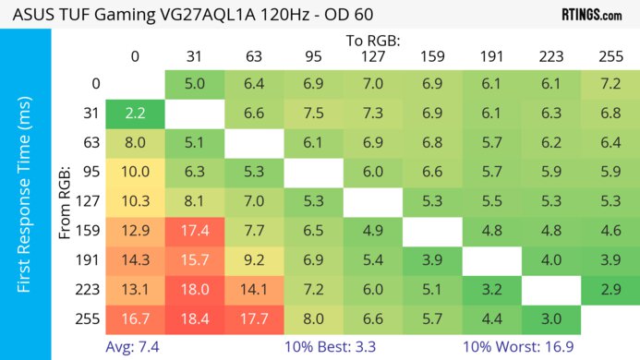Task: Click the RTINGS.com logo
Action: (591, 15)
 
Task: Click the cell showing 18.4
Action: (195, 318)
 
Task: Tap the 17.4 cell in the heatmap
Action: (195, 230)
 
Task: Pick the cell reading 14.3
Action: (135, 259)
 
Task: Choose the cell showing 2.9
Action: (610, 289)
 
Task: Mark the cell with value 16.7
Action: (135, 318)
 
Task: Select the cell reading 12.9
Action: (135, 230)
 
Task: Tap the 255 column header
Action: (610, 57)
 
